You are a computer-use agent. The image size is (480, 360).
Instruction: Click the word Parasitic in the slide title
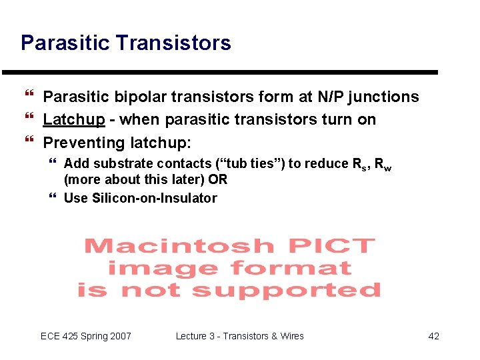[x=65, y=43]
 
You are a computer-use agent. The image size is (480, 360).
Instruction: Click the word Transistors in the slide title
[x=173, y=43]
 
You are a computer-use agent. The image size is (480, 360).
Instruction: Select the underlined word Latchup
[x=74, y=120]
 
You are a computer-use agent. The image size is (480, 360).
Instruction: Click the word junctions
[x=379, y=97]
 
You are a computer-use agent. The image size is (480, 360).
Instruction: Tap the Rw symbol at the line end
[x=383, y=165]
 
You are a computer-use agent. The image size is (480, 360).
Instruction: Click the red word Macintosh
[x=179, y=246]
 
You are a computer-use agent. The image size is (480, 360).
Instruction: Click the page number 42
[x=433, y=336]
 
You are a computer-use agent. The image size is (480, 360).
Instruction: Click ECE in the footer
[x=50, y=336]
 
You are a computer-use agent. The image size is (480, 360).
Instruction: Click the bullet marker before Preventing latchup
[x=27, y=143]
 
